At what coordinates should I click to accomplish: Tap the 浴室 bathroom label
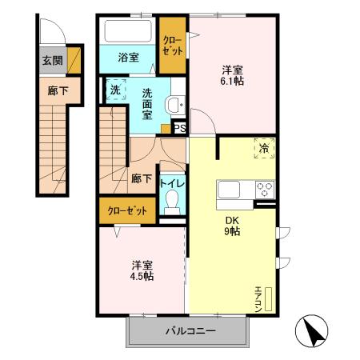tap(129, 58)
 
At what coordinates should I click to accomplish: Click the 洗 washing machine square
tap(115, 90)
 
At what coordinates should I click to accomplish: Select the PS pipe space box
tap(180, 127)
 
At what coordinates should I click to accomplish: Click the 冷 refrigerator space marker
tap(264, 148)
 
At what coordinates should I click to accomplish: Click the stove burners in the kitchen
tap(265, 190)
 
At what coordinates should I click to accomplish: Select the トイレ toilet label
tap(172, 183)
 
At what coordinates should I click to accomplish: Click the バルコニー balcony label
tap(190, 330)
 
